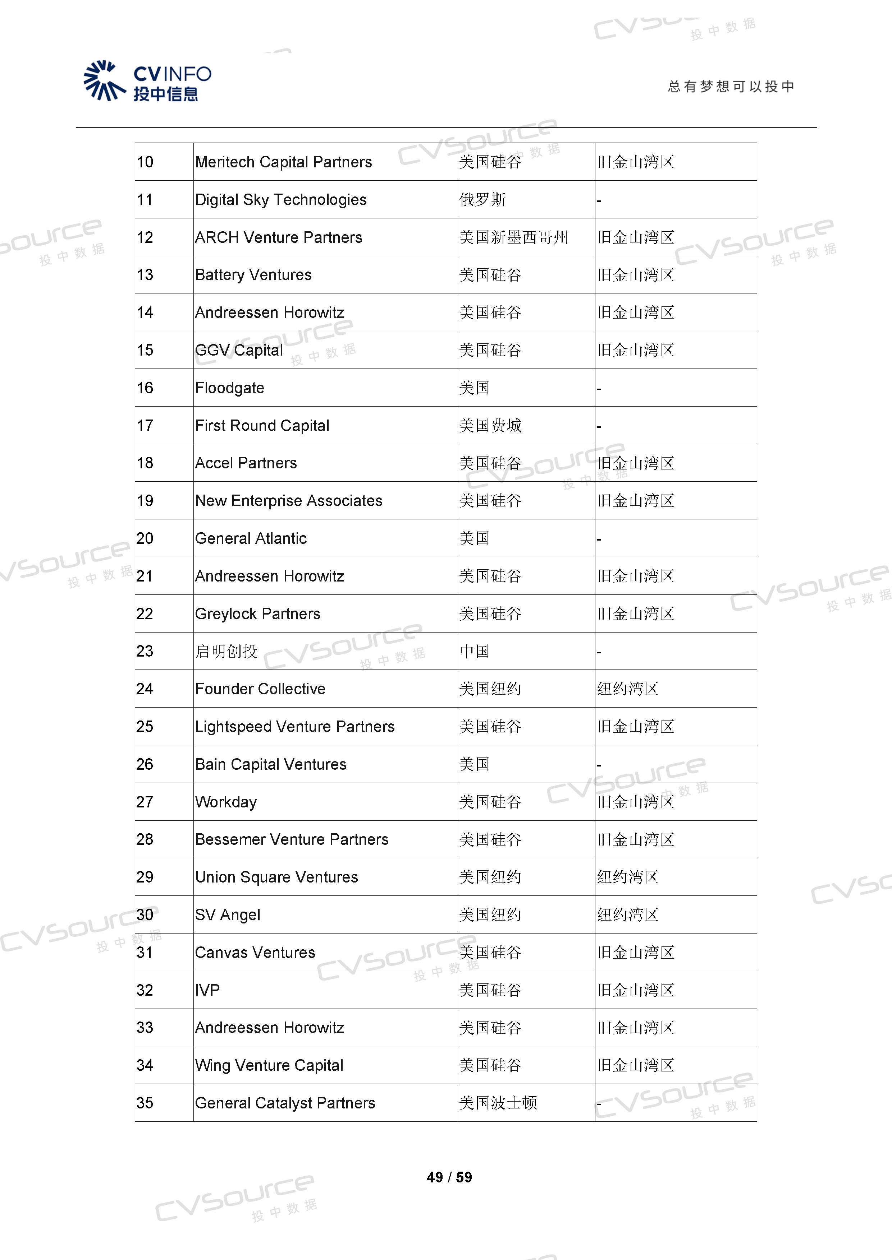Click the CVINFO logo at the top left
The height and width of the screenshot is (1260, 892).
[147, 81]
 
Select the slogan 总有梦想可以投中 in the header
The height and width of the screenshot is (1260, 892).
[731, 87]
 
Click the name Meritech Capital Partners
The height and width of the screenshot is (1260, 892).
[283, 162]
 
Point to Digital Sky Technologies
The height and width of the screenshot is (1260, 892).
[281, 200]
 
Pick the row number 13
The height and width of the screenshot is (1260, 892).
[145, 275]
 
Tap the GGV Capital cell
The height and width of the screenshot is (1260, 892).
[239, 350]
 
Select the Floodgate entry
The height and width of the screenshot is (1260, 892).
[230, 388]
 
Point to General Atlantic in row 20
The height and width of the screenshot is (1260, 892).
[251, 538]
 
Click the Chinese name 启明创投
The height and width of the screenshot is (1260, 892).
[226, 652]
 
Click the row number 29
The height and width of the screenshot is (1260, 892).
[145, 877]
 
